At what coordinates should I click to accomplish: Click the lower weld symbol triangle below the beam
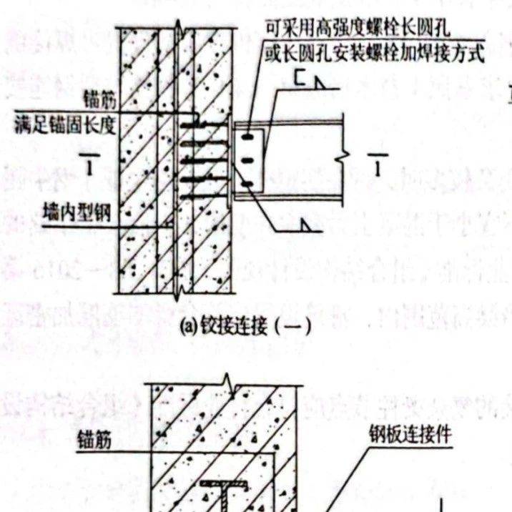pyautogui.click(x=307, y=227)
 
